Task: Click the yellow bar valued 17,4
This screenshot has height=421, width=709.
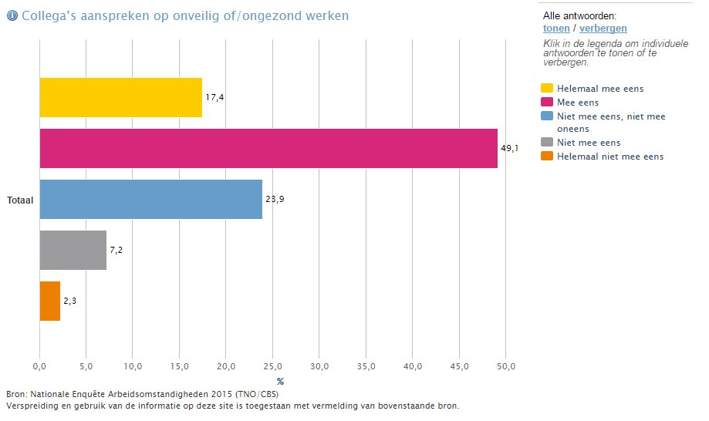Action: click(x=120, y=97)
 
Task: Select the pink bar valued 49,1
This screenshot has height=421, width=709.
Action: click(x=268, y=148)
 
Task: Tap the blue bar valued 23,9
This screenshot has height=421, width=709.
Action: click(x=150, y=199)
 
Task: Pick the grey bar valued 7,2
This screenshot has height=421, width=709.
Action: click(x=73, y=250)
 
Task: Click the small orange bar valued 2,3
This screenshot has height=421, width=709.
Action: click(x=49, y=301)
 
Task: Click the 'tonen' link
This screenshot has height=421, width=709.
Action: click(x=556, y=29)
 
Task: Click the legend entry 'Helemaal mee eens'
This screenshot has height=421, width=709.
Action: click(x=599, y=89)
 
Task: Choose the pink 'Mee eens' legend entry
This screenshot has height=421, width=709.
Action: click(x=578, y=103)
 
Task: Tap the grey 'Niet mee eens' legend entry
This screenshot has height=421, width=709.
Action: click(x=588, y=143)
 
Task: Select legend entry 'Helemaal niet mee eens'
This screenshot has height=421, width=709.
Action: click(x=609, y=157)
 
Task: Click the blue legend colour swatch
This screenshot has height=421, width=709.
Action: click(x=548, y=116)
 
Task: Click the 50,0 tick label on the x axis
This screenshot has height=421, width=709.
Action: click(x=505, y=365)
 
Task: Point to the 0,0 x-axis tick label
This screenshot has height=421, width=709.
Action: click(x=39, y=365)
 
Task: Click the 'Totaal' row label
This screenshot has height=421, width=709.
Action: click(x=21, y=199)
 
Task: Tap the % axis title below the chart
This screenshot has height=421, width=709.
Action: click(x=280, y=381)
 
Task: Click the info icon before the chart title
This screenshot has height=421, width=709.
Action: click(x=12, y=15)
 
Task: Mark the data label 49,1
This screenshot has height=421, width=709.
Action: click(x=509, y=148)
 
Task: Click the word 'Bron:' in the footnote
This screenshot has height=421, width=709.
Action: click(x=16, y=395)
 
